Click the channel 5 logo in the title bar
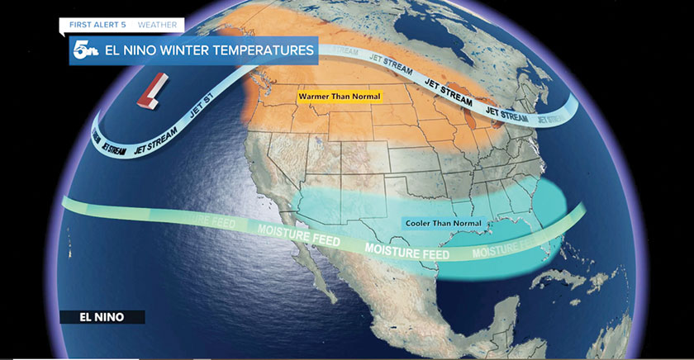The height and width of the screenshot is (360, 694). click(83, 51)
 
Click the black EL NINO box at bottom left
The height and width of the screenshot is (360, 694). click(102, 316)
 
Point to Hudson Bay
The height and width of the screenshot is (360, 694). click(463, 33)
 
